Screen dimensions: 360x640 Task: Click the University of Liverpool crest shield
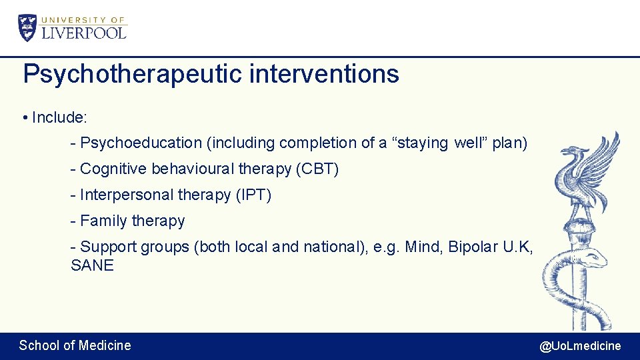(28, 28)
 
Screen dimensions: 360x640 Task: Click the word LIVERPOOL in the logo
(84, 32)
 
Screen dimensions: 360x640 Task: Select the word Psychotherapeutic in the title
(133, 74)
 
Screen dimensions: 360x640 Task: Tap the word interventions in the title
(324, 74)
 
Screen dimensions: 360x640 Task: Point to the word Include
(59, 117)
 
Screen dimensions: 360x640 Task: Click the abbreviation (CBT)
(317, 169)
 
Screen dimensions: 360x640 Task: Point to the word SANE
(92, 265)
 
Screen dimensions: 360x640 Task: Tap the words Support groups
(135, 247)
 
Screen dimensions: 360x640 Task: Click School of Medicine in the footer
(75, 345)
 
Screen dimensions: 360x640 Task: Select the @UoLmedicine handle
(580, 345)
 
